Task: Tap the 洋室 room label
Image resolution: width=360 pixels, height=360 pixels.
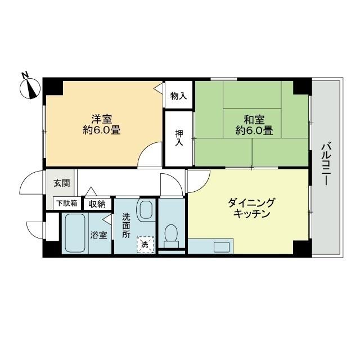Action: pos(102,119)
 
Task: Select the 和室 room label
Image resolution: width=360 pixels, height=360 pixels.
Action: pos(254,119)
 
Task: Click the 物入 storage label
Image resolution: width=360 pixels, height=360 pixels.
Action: pos(178,96)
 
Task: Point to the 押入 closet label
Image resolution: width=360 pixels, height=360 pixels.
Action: pos(179,138)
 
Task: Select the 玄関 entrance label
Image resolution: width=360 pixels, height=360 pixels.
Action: pos(61,183)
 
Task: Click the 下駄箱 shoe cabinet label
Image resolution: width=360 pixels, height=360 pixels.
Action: pos(66,204)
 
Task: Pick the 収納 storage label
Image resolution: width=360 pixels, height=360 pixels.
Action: pos(97,204)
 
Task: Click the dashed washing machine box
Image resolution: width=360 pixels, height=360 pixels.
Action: pos(145,245)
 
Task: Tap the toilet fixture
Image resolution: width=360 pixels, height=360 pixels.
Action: pos(170,235)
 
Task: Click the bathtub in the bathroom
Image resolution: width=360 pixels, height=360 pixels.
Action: pos(74,233)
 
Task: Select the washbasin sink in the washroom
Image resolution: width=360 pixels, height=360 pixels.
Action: pos(146,211)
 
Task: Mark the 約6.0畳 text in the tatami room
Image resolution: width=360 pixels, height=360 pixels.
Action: pos(254,131)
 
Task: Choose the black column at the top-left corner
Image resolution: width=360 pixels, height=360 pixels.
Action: pos(54,87)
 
